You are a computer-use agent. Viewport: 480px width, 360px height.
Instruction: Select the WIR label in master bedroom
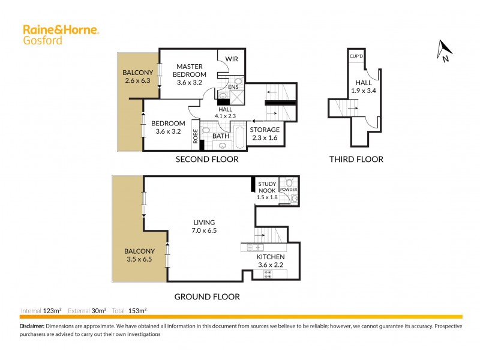pos(232,59)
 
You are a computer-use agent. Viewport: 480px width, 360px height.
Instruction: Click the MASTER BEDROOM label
pos(189,74)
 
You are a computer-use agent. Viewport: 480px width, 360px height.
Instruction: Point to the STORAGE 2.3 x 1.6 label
pos(265,133)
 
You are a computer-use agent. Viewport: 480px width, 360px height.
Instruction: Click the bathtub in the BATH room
pos(238,137)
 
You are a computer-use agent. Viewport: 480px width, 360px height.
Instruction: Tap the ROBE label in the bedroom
pos(196,136)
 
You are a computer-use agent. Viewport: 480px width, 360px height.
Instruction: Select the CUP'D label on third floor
pos(356,56)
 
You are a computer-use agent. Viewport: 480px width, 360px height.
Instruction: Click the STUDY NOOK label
pos(266,190)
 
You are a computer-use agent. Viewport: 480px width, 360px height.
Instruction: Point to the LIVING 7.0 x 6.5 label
pos(204,226)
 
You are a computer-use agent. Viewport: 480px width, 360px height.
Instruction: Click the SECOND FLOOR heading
pos(206,160)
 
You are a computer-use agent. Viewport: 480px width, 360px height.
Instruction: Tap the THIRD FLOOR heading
pos(356,160)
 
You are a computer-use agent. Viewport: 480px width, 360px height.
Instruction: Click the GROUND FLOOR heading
pos(206,296)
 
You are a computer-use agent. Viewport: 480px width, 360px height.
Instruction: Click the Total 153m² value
pos(139,311)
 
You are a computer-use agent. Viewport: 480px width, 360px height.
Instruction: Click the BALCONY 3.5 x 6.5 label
pos(139,255)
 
